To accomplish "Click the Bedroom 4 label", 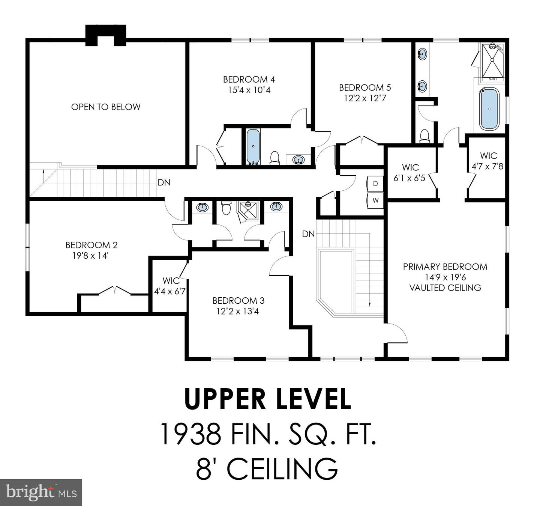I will coord(249,79).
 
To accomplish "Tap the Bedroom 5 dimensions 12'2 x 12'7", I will coord(365,98).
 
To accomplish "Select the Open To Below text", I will coord(106,107).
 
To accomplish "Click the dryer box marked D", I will coord(375,184).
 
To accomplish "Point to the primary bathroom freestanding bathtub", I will coord(489,109).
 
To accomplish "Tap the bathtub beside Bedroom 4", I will coord(253,146).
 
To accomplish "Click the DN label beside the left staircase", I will coord(164,182).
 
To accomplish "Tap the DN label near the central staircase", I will coord(308,234).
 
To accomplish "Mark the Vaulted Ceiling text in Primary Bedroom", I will coord(445,288).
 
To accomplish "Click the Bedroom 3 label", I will coord(238,301).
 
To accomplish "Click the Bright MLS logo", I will coord(41,492).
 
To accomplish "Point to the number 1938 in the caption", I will coord(190,434).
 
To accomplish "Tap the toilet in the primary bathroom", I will coord(424,136).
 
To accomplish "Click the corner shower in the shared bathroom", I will coord(248,211).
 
